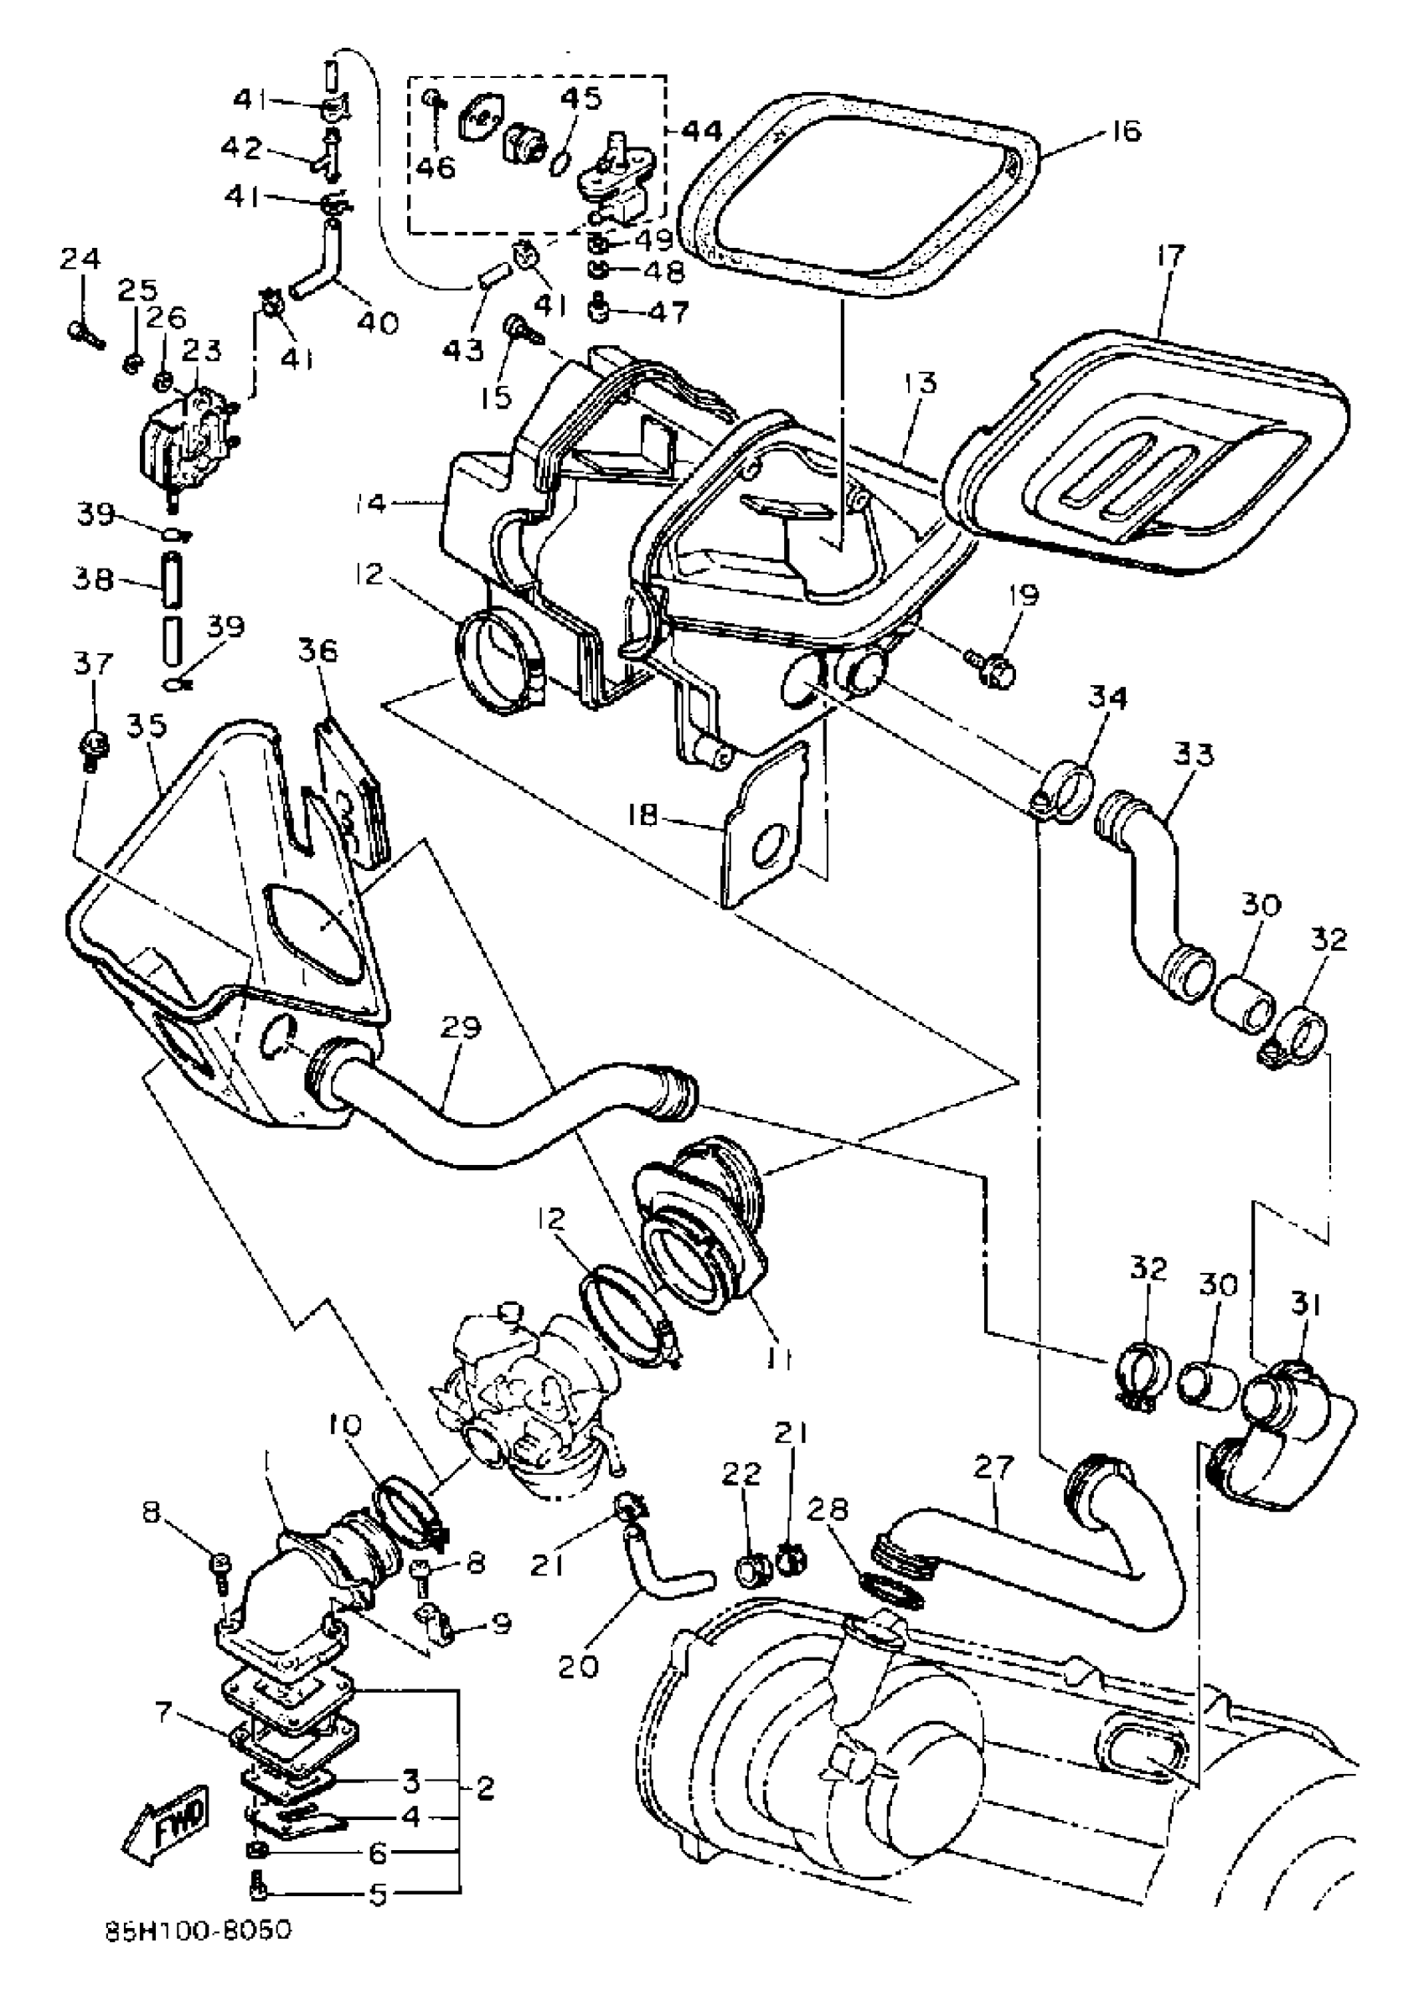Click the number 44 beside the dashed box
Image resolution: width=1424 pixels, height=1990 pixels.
[701, 131]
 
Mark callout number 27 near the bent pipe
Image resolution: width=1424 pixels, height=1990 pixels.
[994, 1467]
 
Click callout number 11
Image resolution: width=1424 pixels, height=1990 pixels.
[779, 1358]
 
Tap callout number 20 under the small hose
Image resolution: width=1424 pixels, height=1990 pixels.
[577, 1664]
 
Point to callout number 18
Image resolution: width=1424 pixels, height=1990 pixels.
[642, 816]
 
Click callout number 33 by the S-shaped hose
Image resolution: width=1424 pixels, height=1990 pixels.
[1194, 754]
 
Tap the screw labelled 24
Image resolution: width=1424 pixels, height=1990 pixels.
[84, 333]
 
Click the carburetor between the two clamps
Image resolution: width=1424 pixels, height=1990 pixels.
[526, 1411]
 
